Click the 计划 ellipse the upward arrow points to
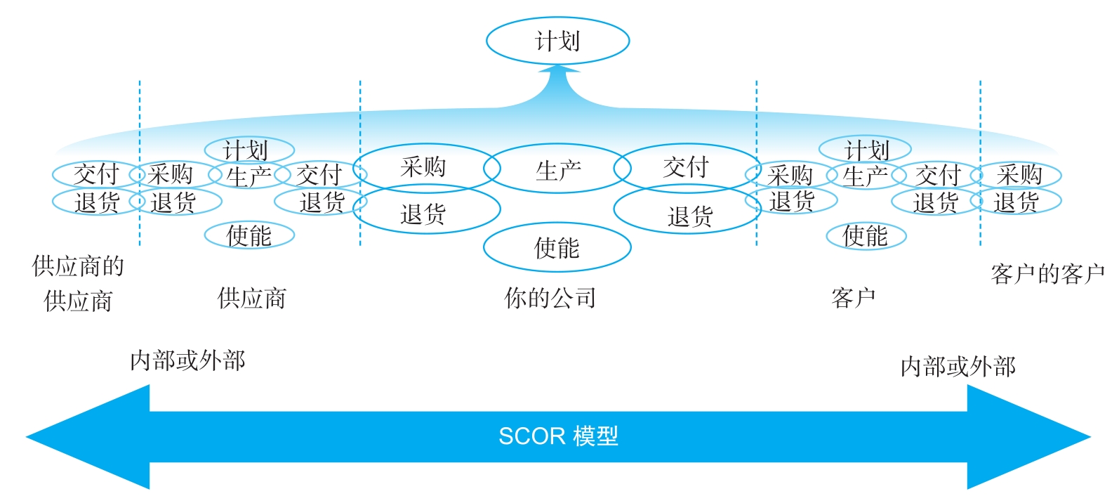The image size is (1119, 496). (557, 41)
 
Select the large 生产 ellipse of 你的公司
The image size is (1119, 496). (558, 169)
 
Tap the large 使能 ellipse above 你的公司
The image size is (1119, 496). (557, 247)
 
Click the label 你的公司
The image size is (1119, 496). (550, 298)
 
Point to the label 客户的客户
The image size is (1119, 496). (1047, 273)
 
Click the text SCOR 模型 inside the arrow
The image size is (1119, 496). (558, 436)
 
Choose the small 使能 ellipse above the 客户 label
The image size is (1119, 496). (866, 236)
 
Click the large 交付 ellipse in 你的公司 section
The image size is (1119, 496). (686, 168)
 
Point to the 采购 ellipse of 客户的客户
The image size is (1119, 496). (1019, 174)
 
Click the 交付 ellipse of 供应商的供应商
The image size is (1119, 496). (96, 174)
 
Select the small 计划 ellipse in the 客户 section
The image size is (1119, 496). (866, 150)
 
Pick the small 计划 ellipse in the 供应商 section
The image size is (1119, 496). (249, 150)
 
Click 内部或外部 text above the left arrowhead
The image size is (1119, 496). (187, 360)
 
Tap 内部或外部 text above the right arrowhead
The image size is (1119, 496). (958, 366)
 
